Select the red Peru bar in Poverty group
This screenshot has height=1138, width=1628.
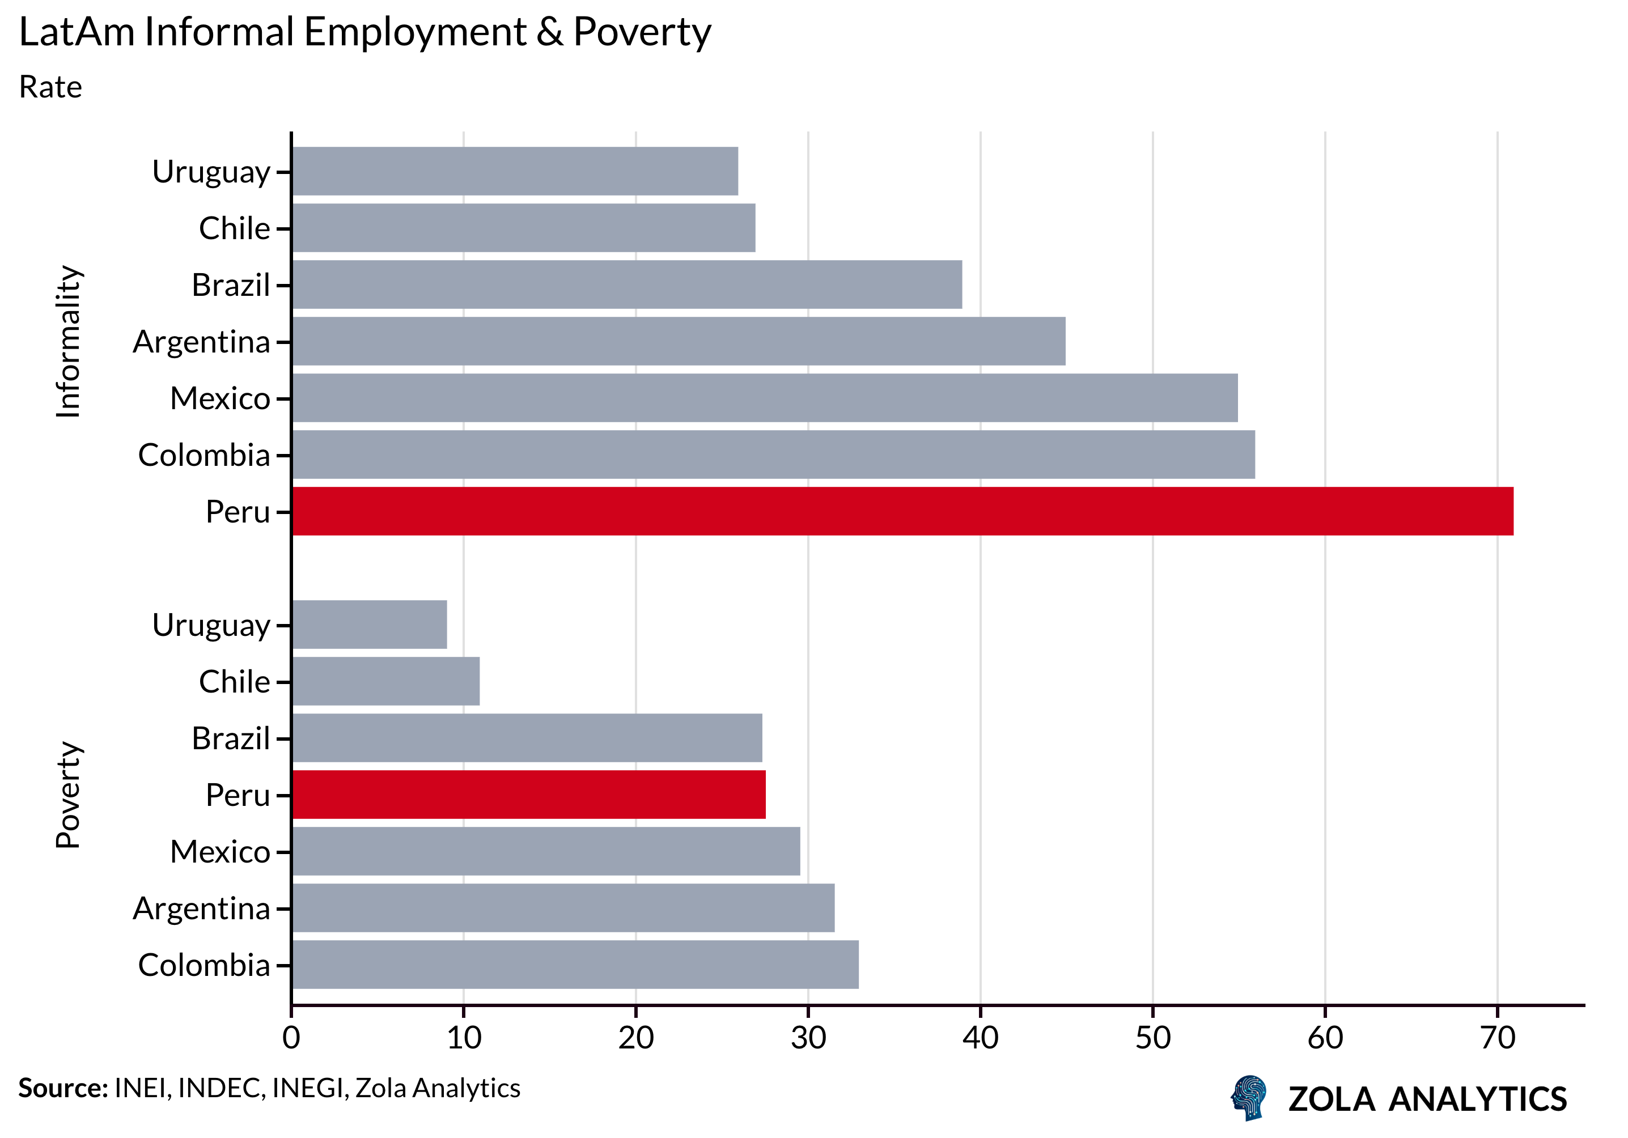[528, 794]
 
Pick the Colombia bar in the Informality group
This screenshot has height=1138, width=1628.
[773, 455]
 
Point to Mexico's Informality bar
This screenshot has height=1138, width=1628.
[764, 398]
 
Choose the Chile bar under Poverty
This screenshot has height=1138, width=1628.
[385, 681]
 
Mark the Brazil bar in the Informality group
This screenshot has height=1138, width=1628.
[627, 284]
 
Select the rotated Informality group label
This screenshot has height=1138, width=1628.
[69, 341]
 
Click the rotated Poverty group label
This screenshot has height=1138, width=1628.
[69, 795]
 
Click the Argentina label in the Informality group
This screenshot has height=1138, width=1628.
[201, 342]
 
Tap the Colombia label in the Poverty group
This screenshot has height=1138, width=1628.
[204, 965]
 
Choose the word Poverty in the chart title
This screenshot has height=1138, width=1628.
[642, 32]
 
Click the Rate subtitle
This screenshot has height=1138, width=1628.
[50, 87]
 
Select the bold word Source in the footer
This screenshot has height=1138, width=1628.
[62, 1088]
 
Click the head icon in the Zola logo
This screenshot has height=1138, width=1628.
[1249, 1098]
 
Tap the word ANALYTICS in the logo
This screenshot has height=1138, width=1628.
[1478, 1099]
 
